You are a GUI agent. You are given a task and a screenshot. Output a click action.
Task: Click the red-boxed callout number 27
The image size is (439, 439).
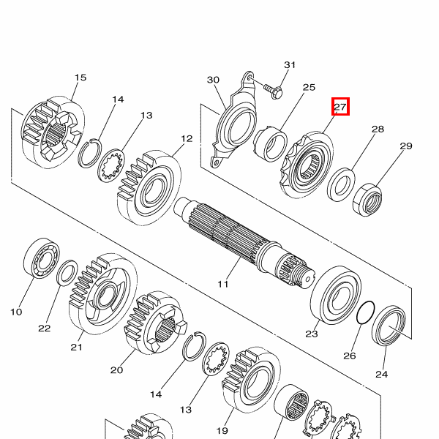[x=340, y=107]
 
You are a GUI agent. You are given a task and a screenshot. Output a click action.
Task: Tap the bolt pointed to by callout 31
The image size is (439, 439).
[x=273, y=91]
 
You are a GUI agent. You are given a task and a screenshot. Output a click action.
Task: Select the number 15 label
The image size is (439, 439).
[x=80, y=78]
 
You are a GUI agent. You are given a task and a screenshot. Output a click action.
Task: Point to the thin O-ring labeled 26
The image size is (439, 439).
[x=366, y=312]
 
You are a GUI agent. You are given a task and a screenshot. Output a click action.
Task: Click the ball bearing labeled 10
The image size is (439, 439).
[x=42, y=258]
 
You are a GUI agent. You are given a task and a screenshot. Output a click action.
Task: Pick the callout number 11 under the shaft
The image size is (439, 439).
[x=223, y=284]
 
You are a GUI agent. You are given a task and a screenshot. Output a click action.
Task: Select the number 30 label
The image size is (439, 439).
[x=213, y=80]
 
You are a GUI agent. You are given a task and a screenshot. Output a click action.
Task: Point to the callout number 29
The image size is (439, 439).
[x=406, y=146]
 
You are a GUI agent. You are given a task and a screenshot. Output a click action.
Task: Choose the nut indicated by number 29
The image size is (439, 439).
[x=367, y=200]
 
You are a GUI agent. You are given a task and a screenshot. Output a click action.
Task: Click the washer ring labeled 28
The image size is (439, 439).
[x=341, y=184]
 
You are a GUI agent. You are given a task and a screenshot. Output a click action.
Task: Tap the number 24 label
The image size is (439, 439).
[x=382, y=374]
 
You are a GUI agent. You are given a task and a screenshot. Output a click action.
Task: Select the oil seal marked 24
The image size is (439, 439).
[x=389, y=326]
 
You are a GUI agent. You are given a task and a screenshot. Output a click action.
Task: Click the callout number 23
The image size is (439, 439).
[x=312, y=334]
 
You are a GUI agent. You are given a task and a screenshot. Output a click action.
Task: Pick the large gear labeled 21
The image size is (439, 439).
[x=103, y=294]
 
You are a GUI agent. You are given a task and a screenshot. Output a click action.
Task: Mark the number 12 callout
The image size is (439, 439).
[x=187, y=139]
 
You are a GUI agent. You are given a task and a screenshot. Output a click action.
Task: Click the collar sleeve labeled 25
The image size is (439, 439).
[x=271, y=144]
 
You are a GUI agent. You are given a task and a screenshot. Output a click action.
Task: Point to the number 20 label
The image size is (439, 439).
[x=117, y=370]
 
